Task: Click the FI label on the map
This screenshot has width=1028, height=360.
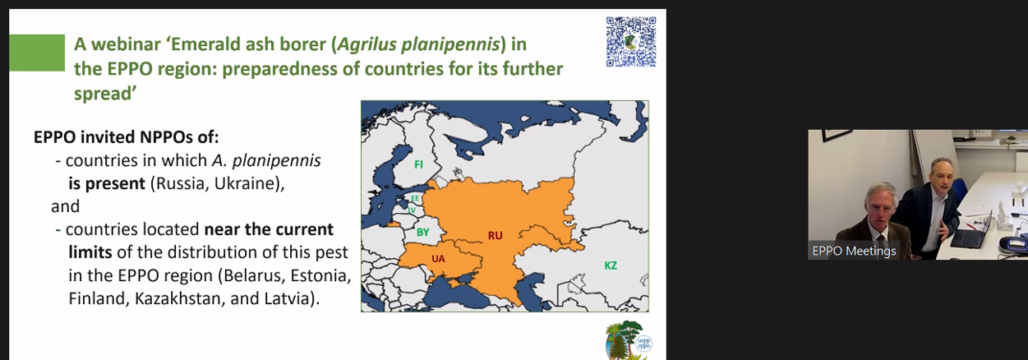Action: click(418, 164)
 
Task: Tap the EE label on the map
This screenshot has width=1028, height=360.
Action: click(415, 198)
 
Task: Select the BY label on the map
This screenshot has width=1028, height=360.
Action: click(422, 232)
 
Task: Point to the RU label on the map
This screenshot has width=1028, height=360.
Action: click(496, 236)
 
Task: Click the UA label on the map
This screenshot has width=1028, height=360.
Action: click(438, 259)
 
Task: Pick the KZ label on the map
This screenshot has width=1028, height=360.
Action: click(611, 265)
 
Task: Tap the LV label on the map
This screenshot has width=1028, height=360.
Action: click(412, 210)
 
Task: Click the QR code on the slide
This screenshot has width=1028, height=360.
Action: click(631, 42)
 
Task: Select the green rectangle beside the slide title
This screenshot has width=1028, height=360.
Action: click(37, 53)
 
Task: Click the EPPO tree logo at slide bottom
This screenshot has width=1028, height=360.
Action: click(629, 340)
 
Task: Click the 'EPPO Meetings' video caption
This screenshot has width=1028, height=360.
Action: click(854, 252)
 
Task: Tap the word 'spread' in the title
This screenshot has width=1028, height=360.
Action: click(103, 95)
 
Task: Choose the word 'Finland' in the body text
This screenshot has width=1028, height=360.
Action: click(97, 298)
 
